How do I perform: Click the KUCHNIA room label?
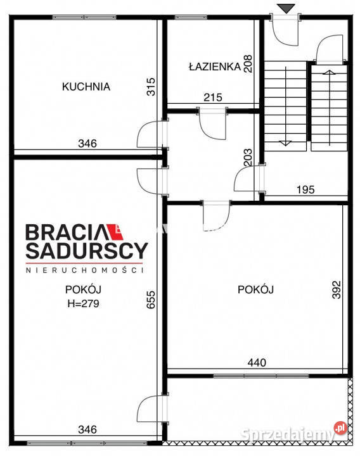[86, 87]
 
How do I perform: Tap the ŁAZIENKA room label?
[214, 66]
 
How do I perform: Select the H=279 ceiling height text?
[84, 303]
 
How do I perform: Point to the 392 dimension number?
[337, 290]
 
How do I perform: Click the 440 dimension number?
[257, 363]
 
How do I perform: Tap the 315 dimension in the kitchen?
[151, 86]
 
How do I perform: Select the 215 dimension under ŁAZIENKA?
[212, 98]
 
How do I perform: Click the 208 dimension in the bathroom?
[249, 64]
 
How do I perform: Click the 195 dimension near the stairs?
[305, 189]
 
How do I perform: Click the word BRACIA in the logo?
[67, 232]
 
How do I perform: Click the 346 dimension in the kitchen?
[87, 144]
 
